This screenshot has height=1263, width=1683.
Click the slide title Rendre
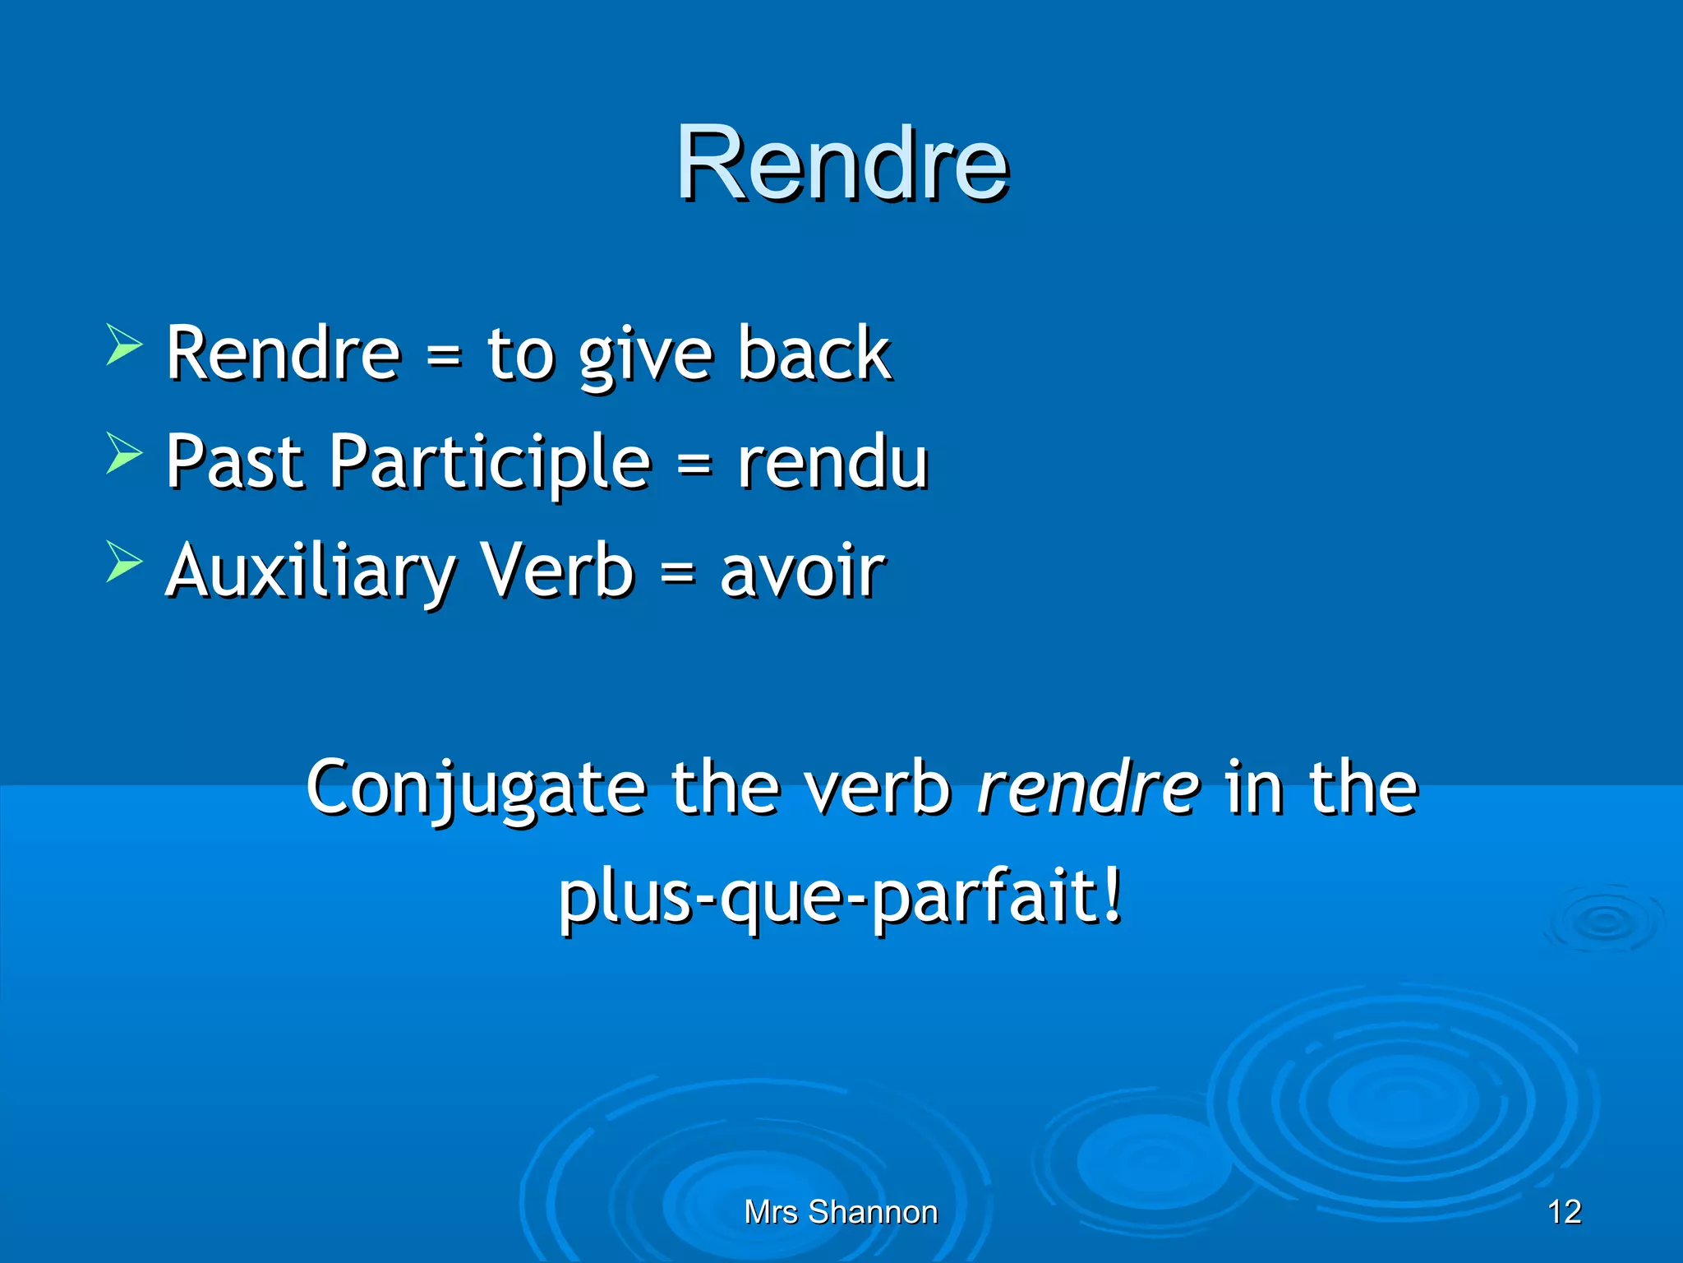pos(841,164)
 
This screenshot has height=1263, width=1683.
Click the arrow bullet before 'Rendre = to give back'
pos(124,344)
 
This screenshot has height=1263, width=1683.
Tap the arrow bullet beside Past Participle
pos(124,453)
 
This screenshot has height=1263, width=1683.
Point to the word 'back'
pos(814,354)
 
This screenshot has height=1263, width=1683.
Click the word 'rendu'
pos(832,462)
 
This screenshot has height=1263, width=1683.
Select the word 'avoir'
pos(802,571)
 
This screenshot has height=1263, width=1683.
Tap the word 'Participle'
pos(491,462)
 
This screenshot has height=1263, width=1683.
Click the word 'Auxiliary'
pos(311,571)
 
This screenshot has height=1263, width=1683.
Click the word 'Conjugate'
pos(477,789)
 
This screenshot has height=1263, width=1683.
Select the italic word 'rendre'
pos(1088,789)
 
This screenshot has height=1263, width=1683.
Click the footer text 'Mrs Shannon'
pos(840,1212)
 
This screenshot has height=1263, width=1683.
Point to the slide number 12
pos(1564,1212)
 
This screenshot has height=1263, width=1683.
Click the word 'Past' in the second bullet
pos(234,462)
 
